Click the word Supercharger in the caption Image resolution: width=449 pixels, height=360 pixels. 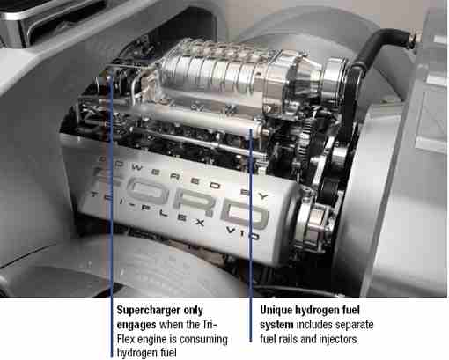point(149,311)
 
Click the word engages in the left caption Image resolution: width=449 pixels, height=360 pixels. point(136,325)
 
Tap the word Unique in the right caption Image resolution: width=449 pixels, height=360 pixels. point(276,310)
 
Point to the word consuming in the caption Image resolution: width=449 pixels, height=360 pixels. point(203,340)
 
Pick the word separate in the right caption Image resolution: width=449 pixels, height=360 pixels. point(354,325)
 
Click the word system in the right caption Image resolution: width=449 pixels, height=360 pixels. point(276,325)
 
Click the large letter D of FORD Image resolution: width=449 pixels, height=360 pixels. point(246,216)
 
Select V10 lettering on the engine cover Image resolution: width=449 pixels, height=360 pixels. point(243,232)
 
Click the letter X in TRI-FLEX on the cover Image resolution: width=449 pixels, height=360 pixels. point(200,223)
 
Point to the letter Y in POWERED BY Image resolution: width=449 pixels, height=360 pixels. point(263,195)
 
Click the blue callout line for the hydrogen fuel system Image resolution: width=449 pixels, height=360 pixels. point(251,235)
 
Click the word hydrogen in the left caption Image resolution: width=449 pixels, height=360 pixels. point(135,353)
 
